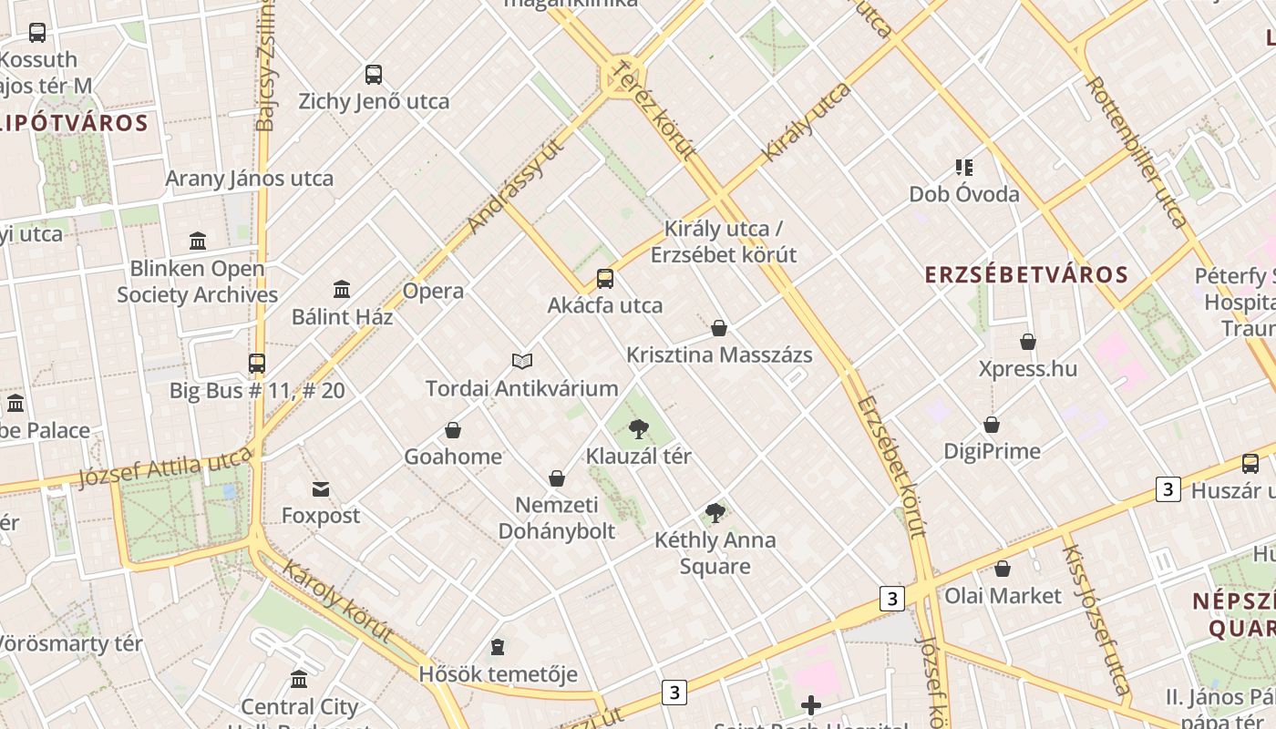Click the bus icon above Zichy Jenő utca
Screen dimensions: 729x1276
pyautogui.click(x=374, y=75)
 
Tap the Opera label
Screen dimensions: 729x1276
pyautogui.click(x=434, y=292)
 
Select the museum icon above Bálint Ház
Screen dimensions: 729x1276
pyautogui.click(x=342, y=290)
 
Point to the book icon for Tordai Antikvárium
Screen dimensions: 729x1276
pyautogui.click(x=522, y=362)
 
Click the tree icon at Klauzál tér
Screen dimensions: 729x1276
pyautogui.click(x=639, y=428)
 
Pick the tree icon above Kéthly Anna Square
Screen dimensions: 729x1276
pyautogui.click(x=715, y=513)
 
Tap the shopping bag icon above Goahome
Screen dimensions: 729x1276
pyautogui.click(x=453, y=430)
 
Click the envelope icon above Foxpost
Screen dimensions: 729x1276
pyautogui.click(x=321, y=489)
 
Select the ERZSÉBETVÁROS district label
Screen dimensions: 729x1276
pyautogui.click(x=1026, y=274)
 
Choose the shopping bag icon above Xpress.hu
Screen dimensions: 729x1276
pyautogui.click(x=1028, y=343)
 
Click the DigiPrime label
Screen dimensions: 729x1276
pyautogui.click(x=992, y=451)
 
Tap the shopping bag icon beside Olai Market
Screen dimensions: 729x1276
pyautogui.click(x=1003, y=570)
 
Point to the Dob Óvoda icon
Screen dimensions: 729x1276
pyautogui.click(x=964, y=168)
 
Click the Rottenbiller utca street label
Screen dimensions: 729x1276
pyautogui.click(x=1137, y=150)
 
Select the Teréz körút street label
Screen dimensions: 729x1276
pyautogui.click(x=653, y=109)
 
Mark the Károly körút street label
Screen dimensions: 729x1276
pyautogui.click(x=338, y=601)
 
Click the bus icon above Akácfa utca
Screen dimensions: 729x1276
pyautogui.click(x=605, y=279)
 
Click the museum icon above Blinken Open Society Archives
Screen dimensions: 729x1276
pyautogui.click(x=198, y=241)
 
